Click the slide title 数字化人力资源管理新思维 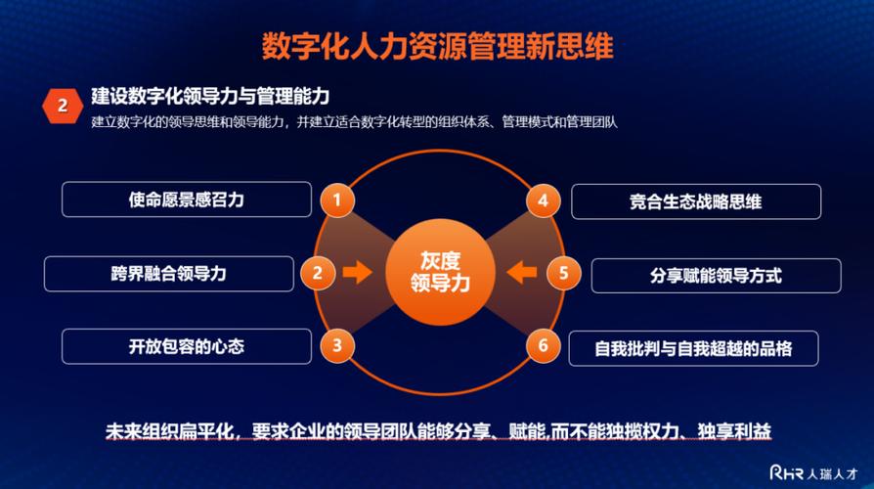click(437, 46)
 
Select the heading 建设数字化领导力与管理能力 click(210, 96)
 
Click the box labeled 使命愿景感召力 click(187, 200)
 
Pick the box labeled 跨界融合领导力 click(169, 274)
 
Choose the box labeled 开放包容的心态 click(187, 346)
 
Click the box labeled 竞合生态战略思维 click(695, 201)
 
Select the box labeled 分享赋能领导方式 click(716, 276)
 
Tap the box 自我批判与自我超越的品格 click(693, 347)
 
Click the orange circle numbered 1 click(337, 200)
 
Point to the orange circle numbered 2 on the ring click(317, 273)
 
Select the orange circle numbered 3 click(337, 344)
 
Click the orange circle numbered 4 click(543, 200)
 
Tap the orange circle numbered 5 click(563, 273)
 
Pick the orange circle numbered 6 click(543, 344)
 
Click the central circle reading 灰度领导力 click(440, 272)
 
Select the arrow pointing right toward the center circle click(359, 273)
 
